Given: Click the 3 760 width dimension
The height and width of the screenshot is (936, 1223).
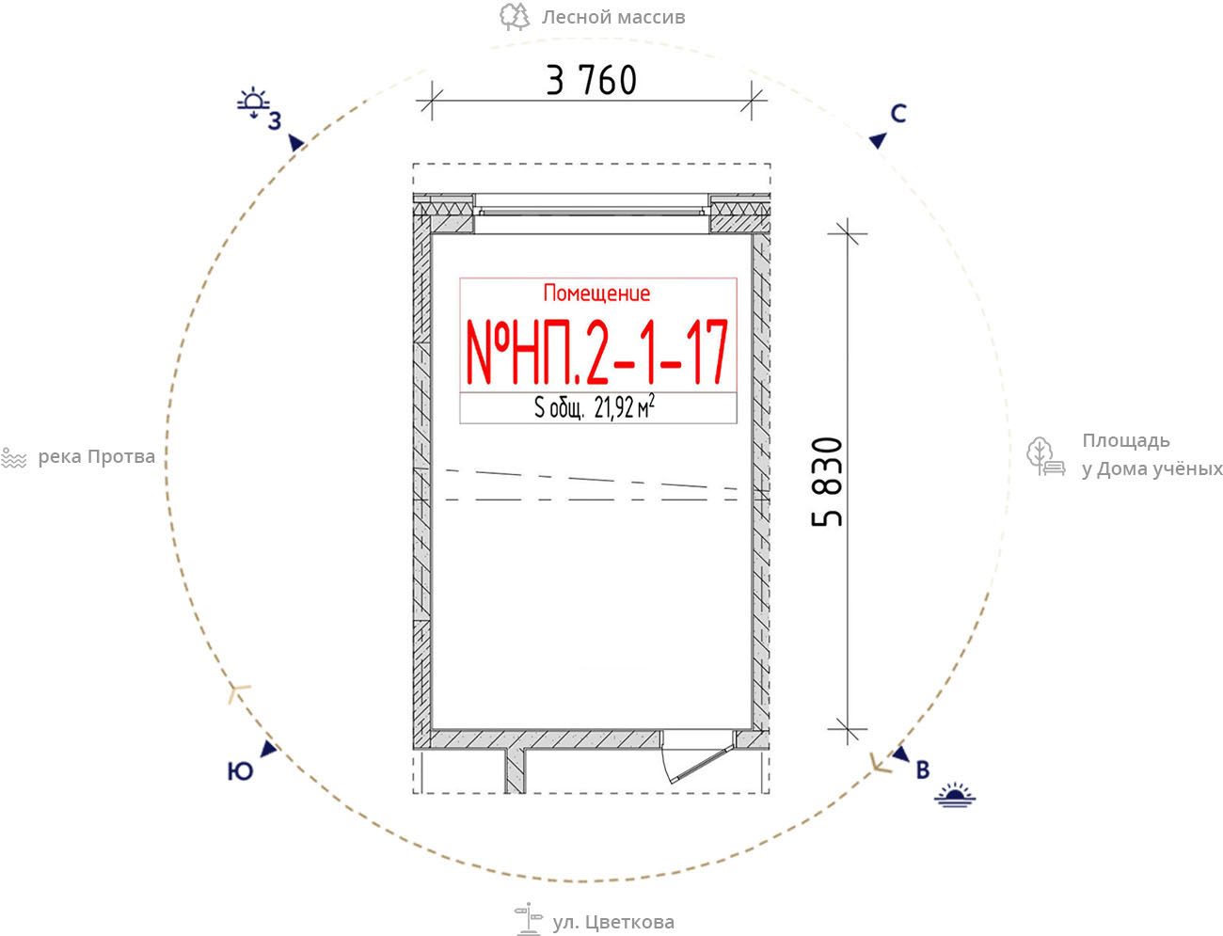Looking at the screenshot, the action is coord(591,80).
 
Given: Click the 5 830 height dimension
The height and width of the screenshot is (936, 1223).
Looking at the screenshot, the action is coord(827,482).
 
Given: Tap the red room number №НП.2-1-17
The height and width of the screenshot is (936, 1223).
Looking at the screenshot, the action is coord(596,352).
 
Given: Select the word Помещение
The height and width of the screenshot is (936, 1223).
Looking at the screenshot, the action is coord(596,293).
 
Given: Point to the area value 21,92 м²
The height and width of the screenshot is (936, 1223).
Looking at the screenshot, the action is coord(624,406).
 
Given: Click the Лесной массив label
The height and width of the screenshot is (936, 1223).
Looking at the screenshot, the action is coord(613,17).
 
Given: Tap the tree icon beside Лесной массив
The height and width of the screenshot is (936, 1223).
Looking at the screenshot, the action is coord(515,16).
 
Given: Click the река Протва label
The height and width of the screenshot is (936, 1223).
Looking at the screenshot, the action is coord(96,457).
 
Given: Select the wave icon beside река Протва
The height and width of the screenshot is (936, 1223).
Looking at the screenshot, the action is coord(14,458).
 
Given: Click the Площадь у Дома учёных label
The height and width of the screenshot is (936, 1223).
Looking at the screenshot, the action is coord(1152,454).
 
